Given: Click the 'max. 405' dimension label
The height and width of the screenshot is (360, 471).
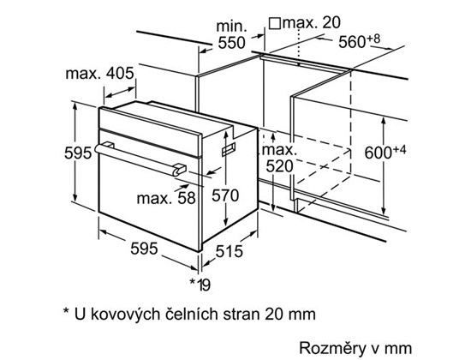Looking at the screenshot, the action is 99,73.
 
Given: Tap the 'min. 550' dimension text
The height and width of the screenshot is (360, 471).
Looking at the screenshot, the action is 231,35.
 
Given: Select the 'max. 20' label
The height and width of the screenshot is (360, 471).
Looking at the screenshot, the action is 312,23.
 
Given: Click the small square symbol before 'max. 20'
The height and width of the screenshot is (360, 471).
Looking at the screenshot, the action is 275,24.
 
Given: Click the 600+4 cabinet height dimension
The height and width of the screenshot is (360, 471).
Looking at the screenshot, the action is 385,153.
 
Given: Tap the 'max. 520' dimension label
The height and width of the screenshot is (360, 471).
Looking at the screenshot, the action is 279,159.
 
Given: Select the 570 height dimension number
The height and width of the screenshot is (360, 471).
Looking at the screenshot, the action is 225,195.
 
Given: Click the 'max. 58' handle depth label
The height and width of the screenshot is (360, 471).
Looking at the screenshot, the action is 166,199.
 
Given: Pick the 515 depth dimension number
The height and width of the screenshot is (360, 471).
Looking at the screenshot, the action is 230,251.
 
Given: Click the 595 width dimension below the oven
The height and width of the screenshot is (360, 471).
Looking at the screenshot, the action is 144,249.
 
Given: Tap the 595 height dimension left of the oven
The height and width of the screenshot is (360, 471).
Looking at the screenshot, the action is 78,153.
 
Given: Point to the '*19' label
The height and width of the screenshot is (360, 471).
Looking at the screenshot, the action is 200,285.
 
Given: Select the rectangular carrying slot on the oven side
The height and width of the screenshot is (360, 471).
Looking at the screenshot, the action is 229,149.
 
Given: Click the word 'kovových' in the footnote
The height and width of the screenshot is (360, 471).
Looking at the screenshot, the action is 125,315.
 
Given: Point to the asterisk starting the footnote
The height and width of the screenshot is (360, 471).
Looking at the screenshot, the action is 66,310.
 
